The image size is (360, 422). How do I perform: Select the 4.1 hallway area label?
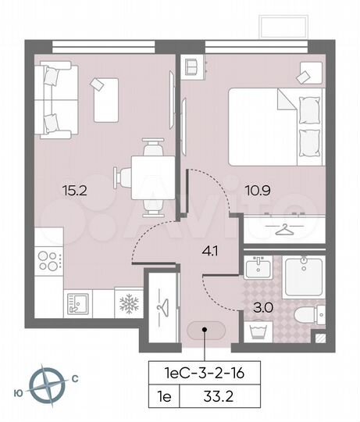click(x=210, y=252)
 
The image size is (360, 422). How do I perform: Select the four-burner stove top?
click(x=48, y=259)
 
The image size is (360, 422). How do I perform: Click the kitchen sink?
click(x=79, y=301)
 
